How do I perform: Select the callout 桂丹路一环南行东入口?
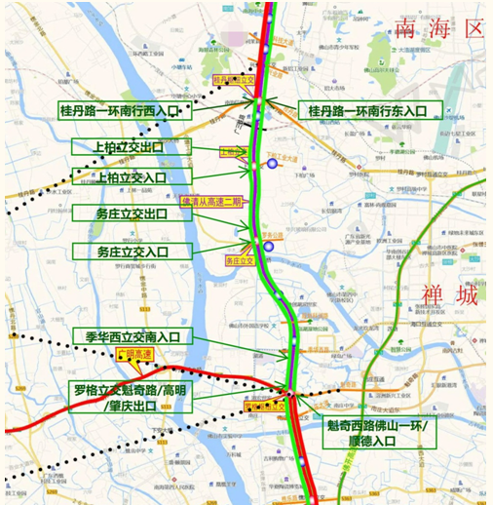pos(369,111)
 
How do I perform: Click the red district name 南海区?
pos(439,28)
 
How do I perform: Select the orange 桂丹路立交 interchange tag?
pos(234,80)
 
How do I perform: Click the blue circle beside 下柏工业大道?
pos(276,164)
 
